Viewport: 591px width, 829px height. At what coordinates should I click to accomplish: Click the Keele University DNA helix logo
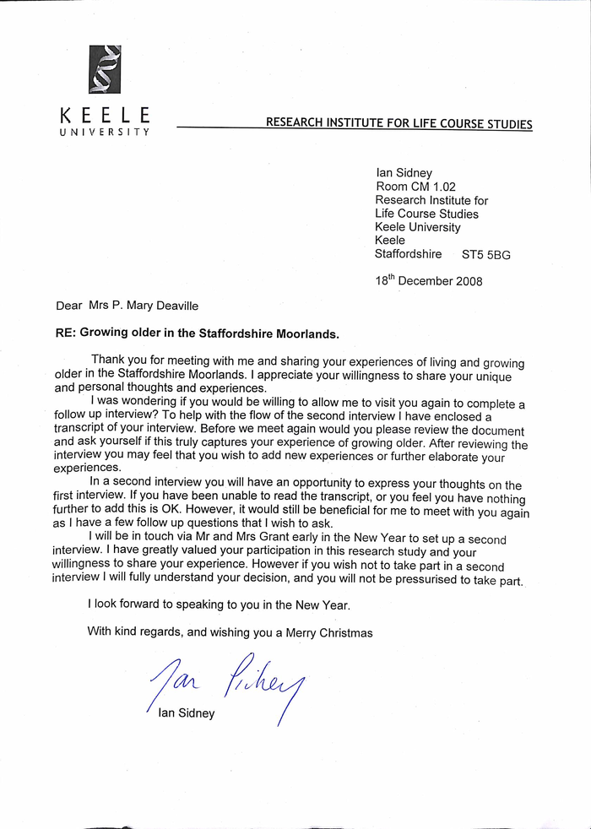pyautogui.click(x=105, y=69)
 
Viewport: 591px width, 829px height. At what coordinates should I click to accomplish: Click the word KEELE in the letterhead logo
pyautogui.click(x=105, y=116)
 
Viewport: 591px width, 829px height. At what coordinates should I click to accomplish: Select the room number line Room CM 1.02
pyautogui.click(x=415, y=187)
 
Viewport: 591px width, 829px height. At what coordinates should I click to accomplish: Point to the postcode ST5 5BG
pyautogui.click(x=486, y=254)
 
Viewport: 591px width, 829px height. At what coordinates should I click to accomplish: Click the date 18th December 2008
pyautogui.click(x=429, y=280)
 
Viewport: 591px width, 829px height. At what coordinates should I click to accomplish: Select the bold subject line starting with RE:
pyautogui.click(x=197, y=333)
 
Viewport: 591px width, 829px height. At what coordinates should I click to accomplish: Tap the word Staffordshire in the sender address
pyautogui.click(x=409, y=253)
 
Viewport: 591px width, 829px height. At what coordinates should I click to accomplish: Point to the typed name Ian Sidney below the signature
pyautogui.click(x=187, y=713)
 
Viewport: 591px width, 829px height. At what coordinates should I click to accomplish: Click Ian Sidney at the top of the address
pyautogui.click(x=404, y=173)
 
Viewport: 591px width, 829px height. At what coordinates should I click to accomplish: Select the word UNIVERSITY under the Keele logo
pyautogui.click(x=105, y=132)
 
